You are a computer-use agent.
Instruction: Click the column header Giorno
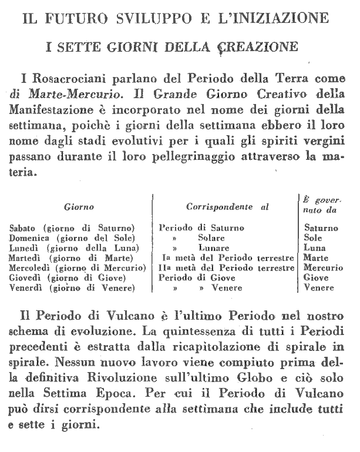click(79, 207)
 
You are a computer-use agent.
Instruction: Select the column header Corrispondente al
click(227, 207)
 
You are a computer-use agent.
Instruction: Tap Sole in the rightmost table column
click(313, 238)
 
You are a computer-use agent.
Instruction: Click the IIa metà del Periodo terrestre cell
click(227, 268)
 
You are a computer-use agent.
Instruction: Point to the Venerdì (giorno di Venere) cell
click(73, 288)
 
